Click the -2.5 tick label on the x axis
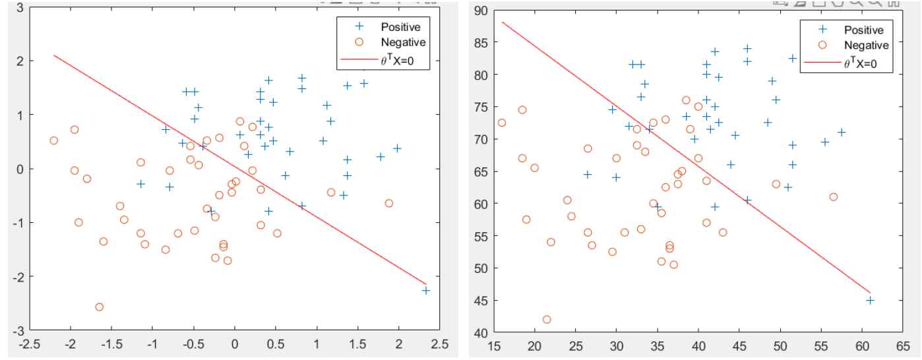pos(28,345)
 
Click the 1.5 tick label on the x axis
pos(358,345)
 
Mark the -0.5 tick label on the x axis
pos(191,345)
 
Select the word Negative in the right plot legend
pos(866,45)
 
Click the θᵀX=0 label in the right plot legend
pos(864,64)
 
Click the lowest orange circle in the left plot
pos(100,307)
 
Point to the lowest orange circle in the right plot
pos(547,320)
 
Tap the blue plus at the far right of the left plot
pos(426,291)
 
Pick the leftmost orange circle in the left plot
pos(53,140)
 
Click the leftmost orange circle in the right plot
pos(502,123)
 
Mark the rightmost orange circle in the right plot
pos(834,197)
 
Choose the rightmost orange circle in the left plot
pos(389,203)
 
